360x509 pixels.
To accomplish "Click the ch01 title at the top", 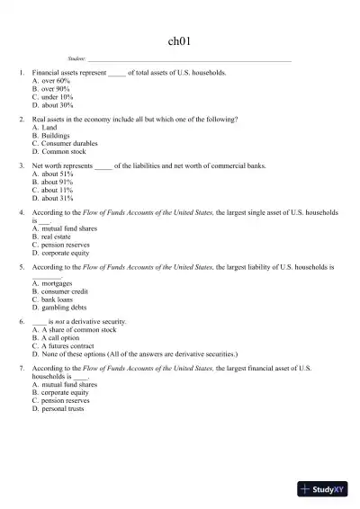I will click(179, 40).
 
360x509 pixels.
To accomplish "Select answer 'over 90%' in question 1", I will click(50, 89).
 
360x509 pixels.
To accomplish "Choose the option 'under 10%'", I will click(52, 97).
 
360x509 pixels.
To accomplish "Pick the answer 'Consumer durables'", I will click(64, 144).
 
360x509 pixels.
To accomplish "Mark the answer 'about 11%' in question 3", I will click(52, 191).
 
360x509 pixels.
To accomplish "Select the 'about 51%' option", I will click(52, 174).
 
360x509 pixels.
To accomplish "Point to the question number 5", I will click(21, 268).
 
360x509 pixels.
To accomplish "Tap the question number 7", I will click(21, 370).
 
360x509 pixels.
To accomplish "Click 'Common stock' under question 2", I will click(58, 152).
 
